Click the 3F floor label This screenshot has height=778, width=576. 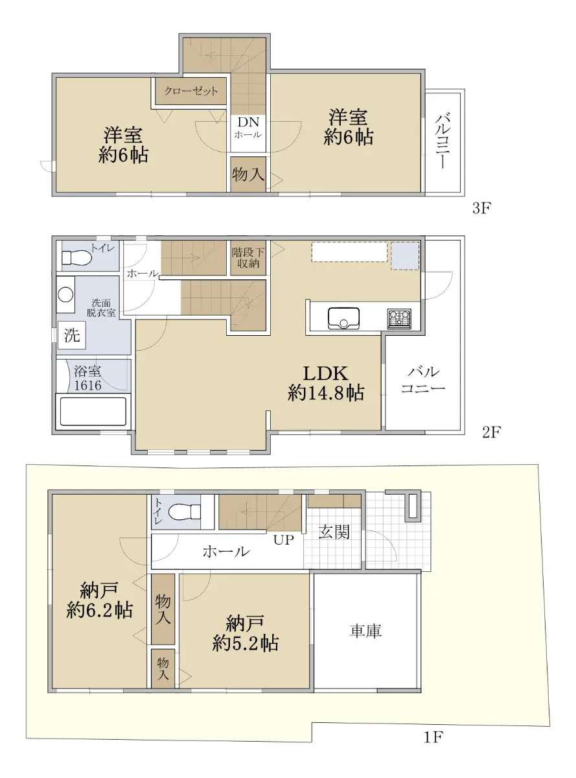[x=481, y=209]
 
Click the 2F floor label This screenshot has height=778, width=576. [x=491, y=432]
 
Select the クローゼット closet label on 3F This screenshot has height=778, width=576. [x=191, y=91]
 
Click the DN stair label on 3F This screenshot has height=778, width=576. [x=248, y=122]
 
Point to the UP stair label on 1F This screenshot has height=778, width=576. [x=283, y=540]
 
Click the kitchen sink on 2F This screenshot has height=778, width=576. [x=343, y=318]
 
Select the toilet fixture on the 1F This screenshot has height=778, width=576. [x=184, y=512]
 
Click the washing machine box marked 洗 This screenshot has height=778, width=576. [x=72, y=335]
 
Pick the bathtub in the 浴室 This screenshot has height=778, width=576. [x=93, y=411]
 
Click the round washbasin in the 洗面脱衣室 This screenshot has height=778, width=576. [x=65, y=294]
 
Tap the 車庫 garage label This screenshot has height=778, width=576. [x=365, y=631]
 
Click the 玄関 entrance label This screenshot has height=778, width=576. [x=334, y=532]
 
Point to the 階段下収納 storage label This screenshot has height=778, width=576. [x=248, y=258]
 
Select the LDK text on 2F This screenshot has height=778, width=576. [x=325, y=373]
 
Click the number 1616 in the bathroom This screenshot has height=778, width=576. [x=87, y=386]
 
